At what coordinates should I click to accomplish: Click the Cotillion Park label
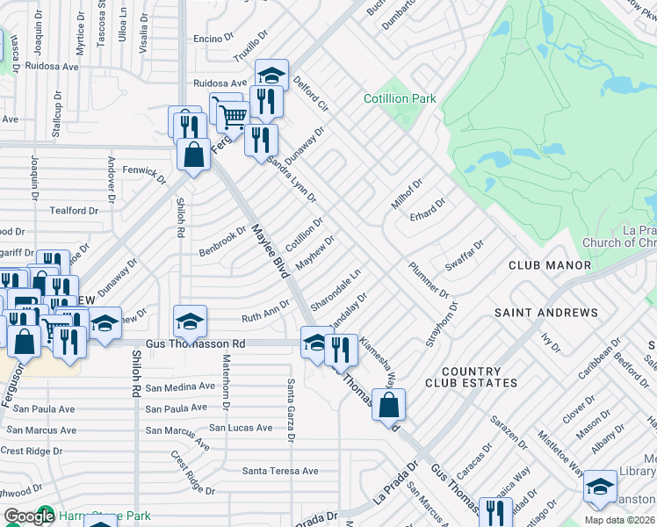click(x=400, y=99)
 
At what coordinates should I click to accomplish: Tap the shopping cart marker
click(x=231, y=115)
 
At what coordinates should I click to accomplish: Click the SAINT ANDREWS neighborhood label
click(x=545, y=313)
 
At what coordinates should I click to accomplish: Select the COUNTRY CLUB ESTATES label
click(x=472, y=377)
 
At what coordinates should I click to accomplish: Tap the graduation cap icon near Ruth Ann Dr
click(x=190, y=322)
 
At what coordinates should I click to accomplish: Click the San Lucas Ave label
click(x=241, y=428)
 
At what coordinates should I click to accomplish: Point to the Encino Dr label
click(x=213, y=39)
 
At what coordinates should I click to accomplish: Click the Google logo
click(x=29, y=517)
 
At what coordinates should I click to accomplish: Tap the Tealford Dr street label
click(x=74, y=211)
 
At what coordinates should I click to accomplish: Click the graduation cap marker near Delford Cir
click(x=271, y=75)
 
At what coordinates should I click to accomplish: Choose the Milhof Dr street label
click(x=407, y=195)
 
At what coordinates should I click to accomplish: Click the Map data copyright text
click(x=619, y=520)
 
